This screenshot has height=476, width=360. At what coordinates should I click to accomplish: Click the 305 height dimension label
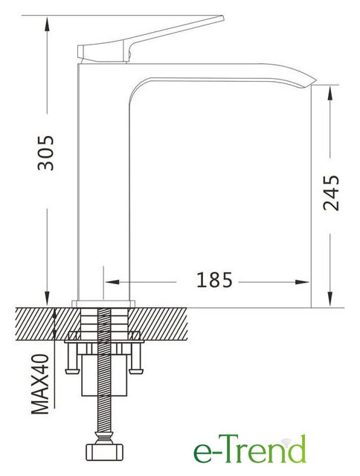(x=45, y=152)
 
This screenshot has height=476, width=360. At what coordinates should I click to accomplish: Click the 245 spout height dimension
(x=331, y=193)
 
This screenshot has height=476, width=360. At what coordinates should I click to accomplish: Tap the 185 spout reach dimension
(x=214, y=280)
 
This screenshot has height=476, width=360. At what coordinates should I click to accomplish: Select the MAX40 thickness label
(x=40, y=385)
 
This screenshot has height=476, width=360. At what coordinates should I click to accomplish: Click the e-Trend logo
(x=249, y=449)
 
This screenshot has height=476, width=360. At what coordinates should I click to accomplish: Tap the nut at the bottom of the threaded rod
(x=104, y=451)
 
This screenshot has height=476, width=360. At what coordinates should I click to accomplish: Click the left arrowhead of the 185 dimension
(x=112, y=283)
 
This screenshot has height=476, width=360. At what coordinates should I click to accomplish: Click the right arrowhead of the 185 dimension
(x=302, y=283)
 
